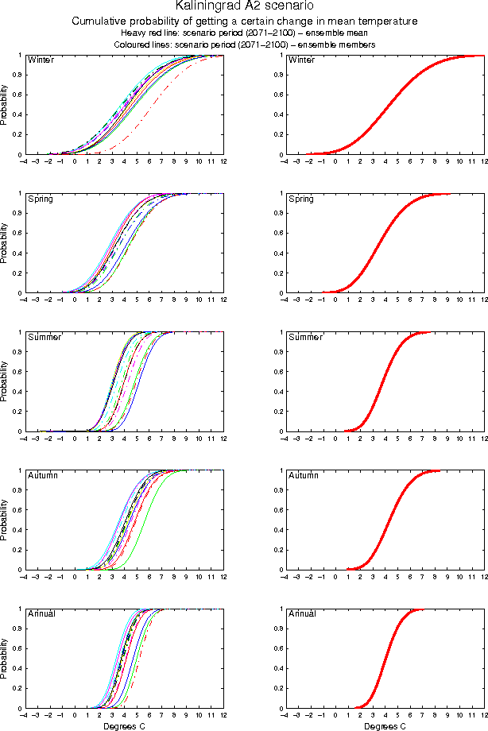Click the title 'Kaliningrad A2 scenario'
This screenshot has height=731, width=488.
tap(244, 7)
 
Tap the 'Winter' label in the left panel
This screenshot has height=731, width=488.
tap(41, 60)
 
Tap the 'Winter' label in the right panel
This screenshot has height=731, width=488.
tap(301, 60)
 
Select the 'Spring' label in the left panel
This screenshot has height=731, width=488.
tap(41, 199)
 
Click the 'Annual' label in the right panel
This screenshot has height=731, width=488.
tap(302, 613)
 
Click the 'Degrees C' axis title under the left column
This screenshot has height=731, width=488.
tap(125, 725)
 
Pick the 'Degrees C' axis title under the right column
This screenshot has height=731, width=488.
tap(385, 725)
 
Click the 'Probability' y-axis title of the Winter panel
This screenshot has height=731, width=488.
tap(6, 105)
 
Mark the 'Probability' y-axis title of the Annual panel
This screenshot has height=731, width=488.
tap(6, 659)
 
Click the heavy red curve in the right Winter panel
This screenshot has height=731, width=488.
tap(384, 107)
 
